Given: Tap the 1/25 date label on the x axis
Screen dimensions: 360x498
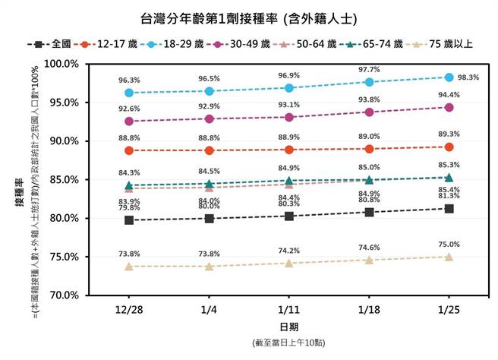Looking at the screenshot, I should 449,311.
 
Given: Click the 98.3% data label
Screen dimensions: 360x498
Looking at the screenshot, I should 468,77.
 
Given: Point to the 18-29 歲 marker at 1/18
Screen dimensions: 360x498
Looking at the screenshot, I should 369,82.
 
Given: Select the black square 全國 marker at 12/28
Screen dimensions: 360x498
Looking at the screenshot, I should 129,220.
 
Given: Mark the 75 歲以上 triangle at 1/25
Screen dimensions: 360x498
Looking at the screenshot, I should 449,257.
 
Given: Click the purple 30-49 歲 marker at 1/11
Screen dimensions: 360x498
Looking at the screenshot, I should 288,117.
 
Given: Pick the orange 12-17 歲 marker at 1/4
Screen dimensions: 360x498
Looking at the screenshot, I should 209,150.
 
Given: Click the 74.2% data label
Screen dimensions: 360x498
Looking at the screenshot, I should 288,251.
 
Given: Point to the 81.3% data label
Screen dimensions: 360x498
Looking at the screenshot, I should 449,196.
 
